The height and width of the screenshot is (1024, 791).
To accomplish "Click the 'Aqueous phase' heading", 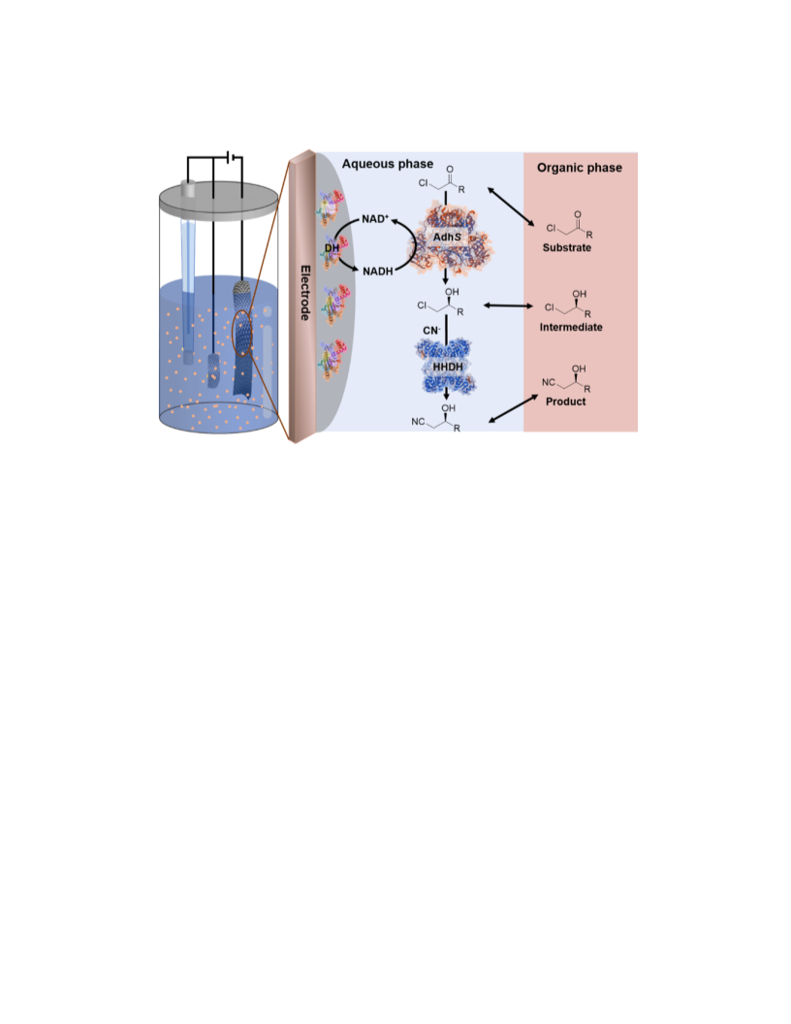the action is [387, 164].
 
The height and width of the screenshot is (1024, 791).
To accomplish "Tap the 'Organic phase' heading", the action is [579, 168].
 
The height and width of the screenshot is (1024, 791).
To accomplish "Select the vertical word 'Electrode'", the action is [304, 293].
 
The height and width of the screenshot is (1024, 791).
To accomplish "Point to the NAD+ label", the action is [375, 219].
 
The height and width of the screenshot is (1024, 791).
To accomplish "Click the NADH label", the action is [378, 271].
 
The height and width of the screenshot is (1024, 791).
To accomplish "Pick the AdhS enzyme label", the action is [447, 237].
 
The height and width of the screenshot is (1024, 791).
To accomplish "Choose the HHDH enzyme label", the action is [448, 367].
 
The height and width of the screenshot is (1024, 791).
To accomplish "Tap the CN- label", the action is [431, 331].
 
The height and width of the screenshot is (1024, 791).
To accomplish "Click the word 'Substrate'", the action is [566, 247].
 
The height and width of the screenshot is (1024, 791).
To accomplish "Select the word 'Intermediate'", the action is [570, 327].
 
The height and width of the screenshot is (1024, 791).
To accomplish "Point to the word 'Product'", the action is [565, 401].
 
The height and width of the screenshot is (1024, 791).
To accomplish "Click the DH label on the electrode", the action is [332, 248].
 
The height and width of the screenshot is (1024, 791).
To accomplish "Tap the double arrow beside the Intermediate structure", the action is [508, 305].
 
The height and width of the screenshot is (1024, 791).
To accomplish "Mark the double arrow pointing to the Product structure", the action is [513, 409].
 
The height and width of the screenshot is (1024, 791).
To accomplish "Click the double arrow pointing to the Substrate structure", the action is [511, 207].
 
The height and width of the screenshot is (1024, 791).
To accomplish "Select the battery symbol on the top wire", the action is [229, 157].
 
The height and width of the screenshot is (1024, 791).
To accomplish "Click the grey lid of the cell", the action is [219, 199].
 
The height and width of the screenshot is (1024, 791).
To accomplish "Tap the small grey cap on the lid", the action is [188, 188].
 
